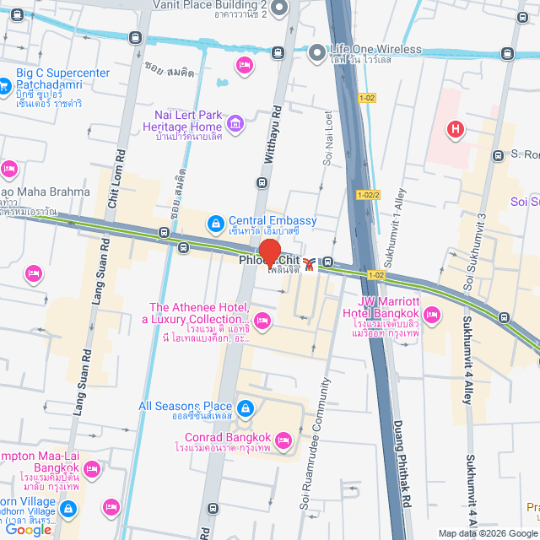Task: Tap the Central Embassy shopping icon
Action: click(215, 222)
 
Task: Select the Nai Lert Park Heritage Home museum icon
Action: click(235, 127)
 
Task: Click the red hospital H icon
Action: click(456, 129)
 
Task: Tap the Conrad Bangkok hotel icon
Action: click(283, 439)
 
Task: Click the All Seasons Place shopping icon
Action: click(245, 409)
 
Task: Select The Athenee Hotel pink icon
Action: click(262, 320)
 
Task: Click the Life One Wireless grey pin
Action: click(316, 52)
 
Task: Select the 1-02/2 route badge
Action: click(369, 195)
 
